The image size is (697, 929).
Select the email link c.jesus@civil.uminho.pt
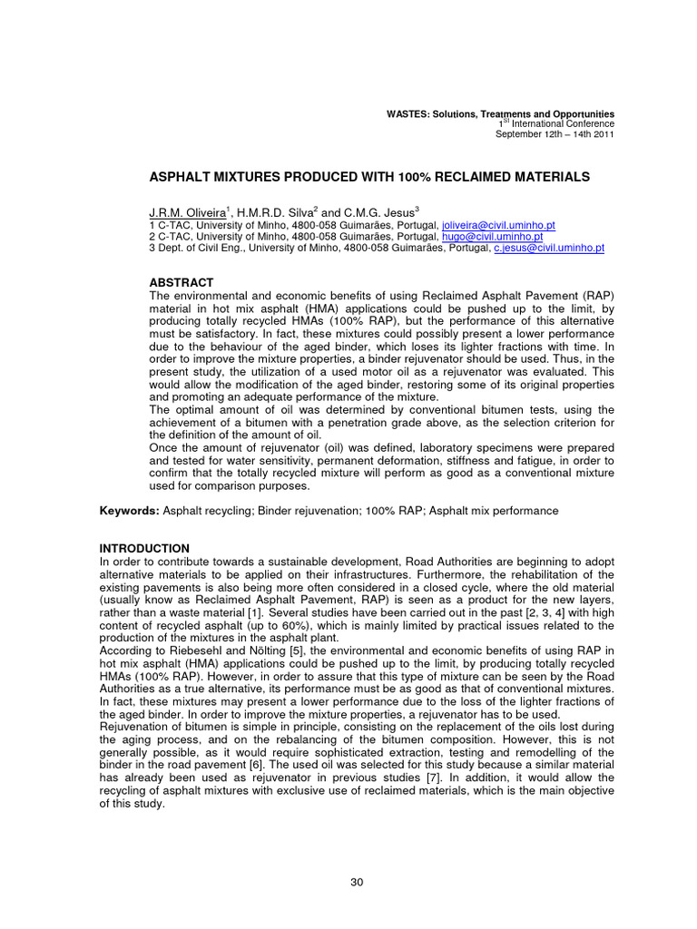tap(548, 247)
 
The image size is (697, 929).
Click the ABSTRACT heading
tap(181, 283)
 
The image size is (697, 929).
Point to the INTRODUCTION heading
tap(144, 549)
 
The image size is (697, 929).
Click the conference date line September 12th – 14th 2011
tap(555, 134)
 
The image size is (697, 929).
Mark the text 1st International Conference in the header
tap(556, 124)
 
